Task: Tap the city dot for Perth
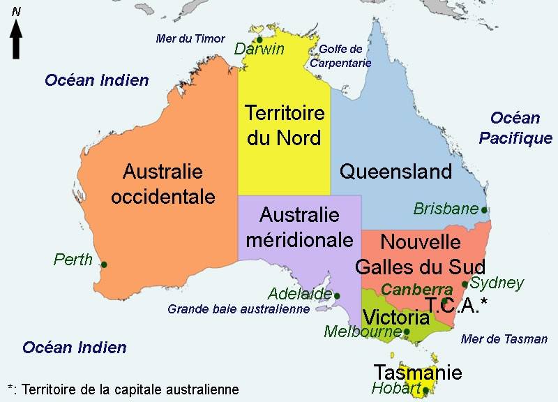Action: pos(104,265)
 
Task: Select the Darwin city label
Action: pos(259,49)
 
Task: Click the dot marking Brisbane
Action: pos(484,209)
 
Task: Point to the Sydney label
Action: pos(497,283)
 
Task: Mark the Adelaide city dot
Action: pos(337,296)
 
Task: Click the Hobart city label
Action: pos(396,388)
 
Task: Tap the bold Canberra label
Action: pos(418,289)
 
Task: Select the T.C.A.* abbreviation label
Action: pos(456,304)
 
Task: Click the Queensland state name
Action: pos(395,171)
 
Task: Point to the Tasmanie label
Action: pos(418,372)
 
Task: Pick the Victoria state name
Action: pos(395,318)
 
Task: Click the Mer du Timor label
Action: pos(190,38)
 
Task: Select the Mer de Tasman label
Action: pos(504,339)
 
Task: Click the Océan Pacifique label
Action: pos(515,128)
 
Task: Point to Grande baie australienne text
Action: pos(238,308)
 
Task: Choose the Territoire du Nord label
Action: pos(285,125)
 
